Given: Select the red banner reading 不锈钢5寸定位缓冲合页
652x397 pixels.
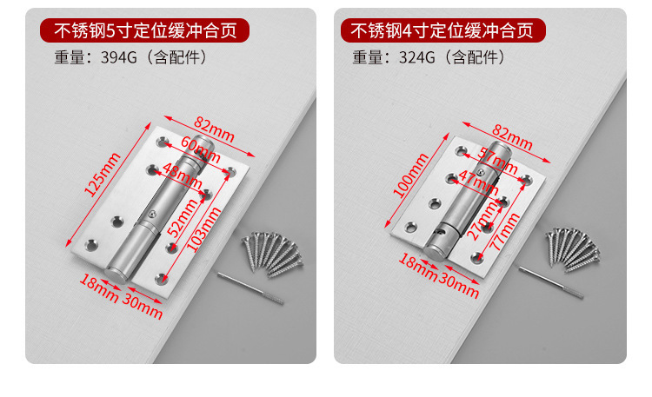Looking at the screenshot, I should (x=145, y=31).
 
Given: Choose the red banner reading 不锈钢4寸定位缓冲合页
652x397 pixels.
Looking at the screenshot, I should (x=442, y=31).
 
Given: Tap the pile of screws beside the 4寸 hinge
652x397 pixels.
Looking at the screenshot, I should (x=573, y=248).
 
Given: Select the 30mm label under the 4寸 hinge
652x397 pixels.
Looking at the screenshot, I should (x=460, y=285).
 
